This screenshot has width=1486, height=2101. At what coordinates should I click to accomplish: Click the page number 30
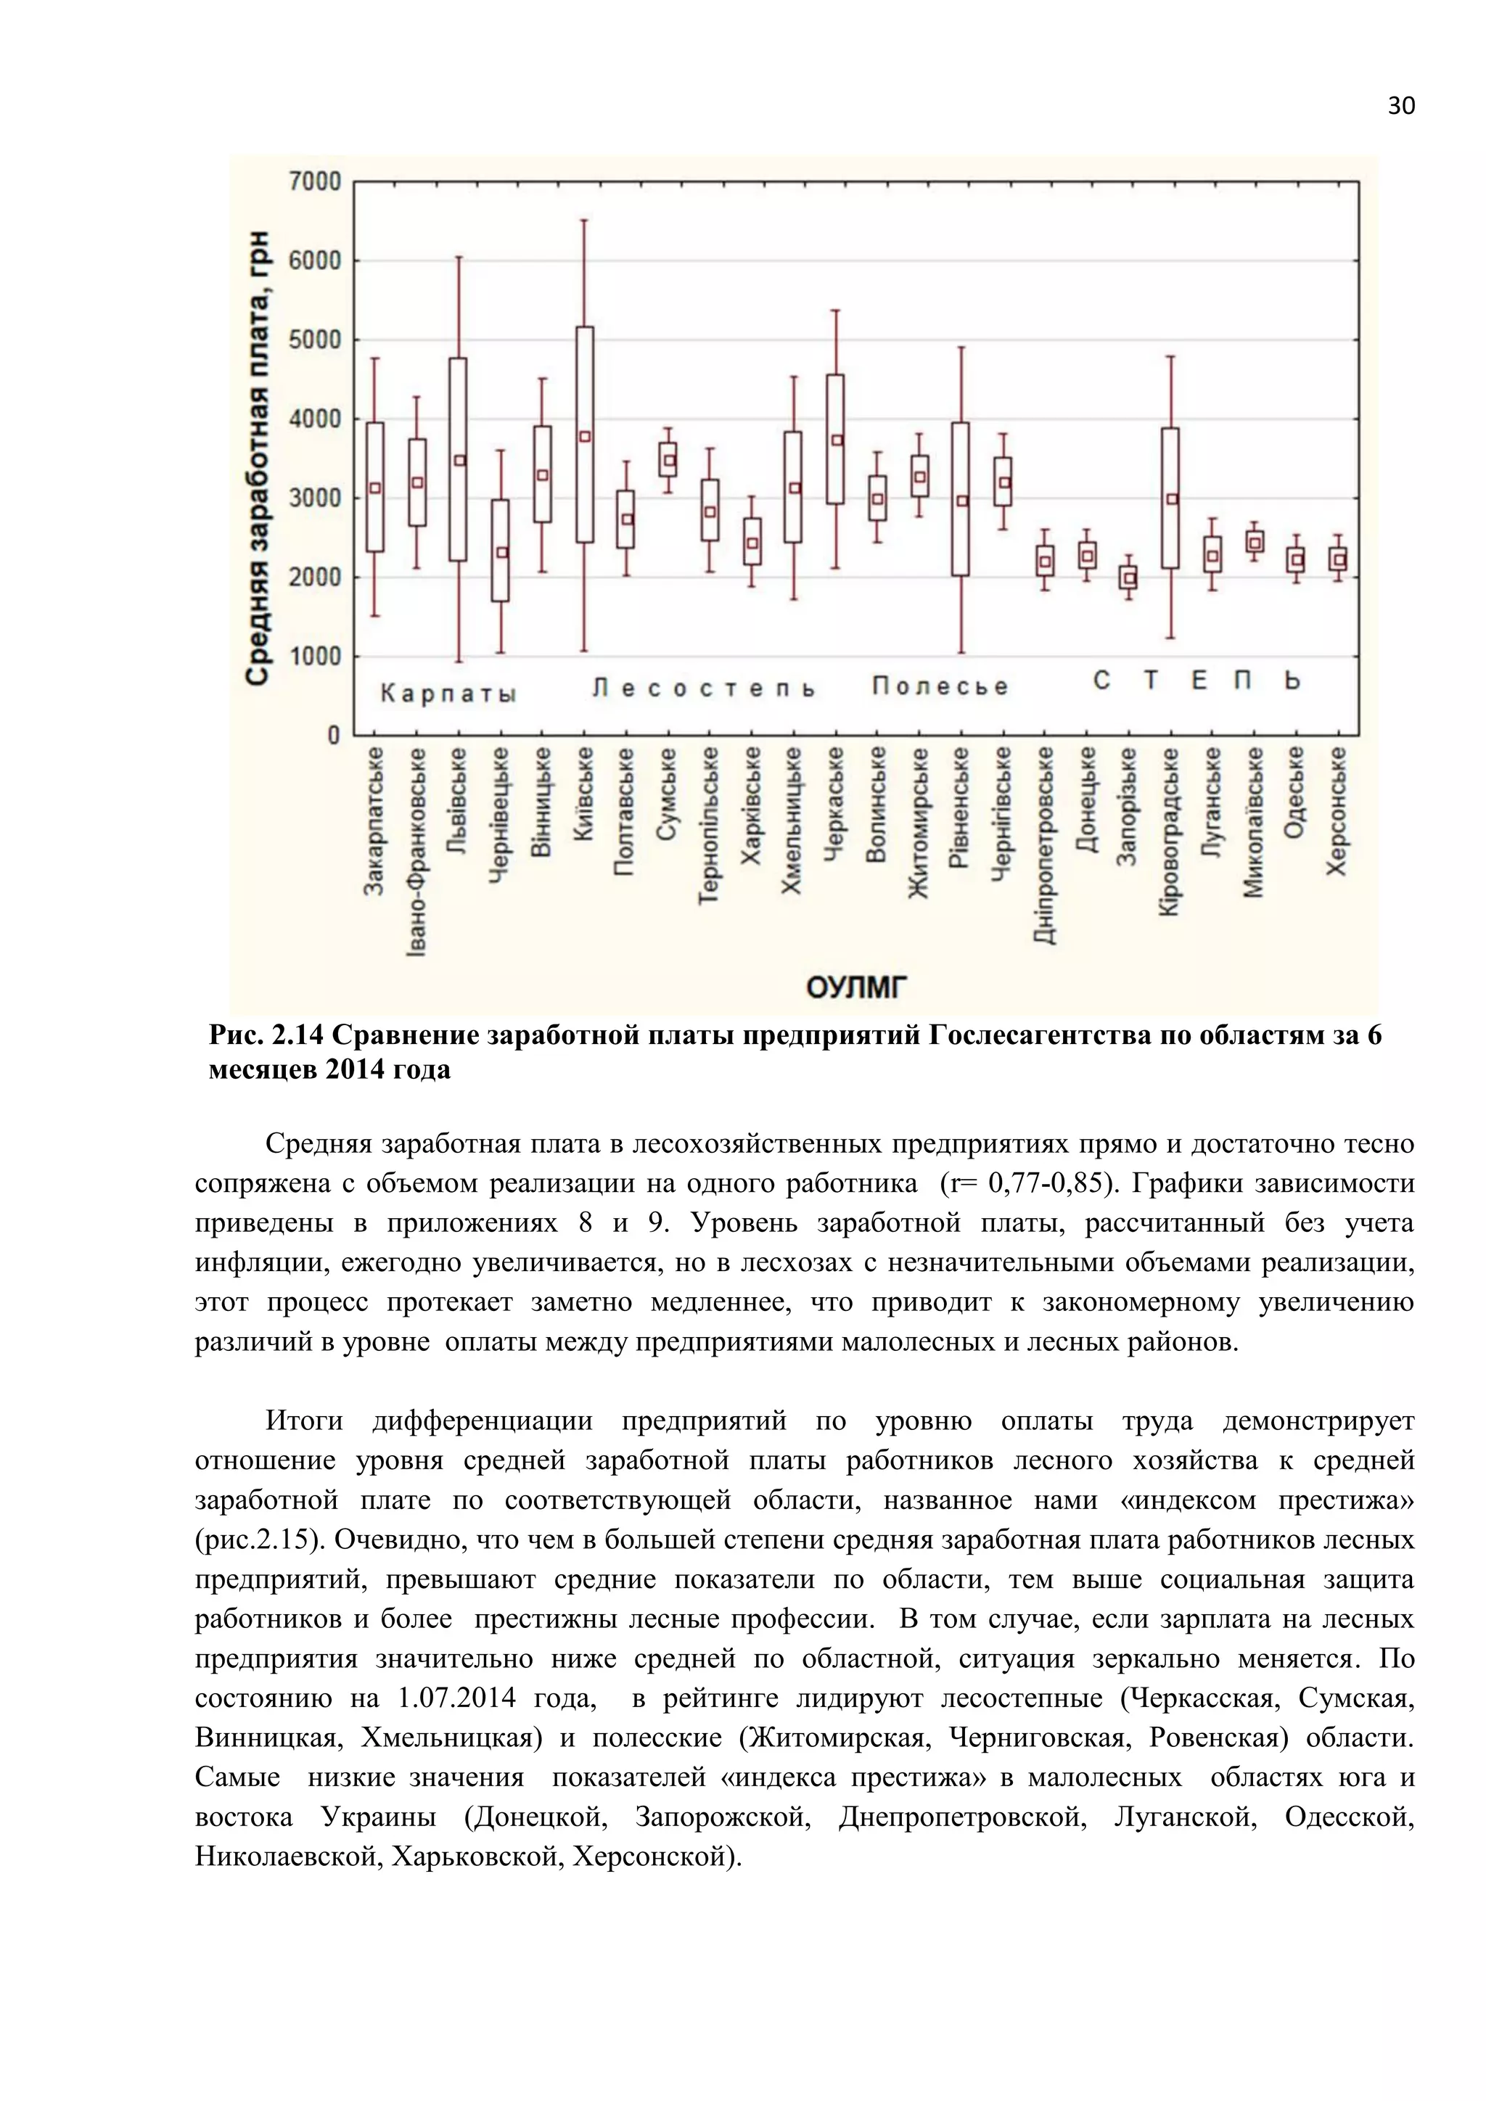1401,106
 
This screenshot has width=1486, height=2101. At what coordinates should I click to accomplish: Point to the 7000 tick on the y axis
315,182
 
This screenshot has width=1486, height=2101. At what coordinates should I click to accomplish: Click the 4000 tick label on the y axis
315,420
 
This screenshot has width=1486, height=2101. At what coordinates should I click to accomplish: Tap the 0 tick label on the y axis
333,736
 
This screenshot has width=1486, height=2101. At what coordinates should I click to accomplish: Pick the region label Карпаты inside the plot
448,694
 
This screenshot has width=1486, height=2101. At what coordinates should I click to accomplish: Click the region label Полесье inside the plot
940,686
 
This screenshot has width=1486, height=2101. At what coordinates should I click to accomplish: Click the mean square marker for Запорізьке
1130,578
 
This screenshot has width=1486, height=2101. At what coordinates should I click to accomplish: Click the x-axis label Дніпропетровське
1045,845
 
